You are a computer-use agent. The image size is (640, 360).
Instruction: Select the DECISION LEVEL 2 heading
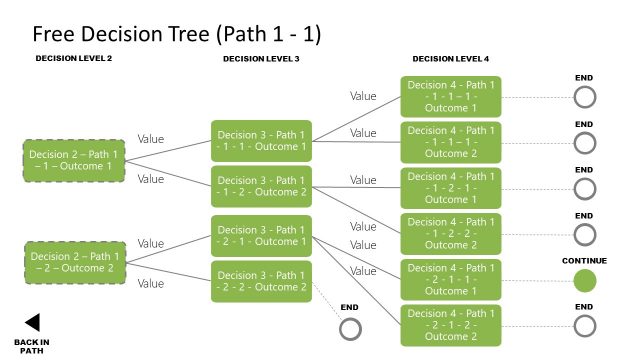pyautogui.click(x=74, y=59)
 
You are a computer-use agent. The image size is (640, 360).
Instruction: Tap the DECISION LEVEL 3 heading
pyautogui.click(x=261, y=59)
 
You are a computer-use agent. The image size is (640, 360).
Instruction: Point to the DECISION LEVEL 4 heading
pyautogui.click(x=451, y=59)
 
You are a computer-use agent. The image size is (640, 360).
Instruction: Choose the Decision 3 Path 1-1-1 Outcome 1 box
pyautogui.click(x=262, y=140)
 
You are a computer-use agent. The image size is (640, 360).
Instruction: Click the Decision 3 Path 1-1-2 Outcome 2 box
pyautogui.click(x=262, y=186)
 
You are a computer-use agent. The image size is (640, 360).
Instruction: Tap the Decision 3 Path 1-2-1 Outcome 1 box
pyautogui.click(x=262, y=235)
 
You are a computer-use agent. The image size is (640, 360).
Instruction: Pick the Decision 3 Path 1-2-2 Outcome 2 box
pyautogui.click(x=262, y=281)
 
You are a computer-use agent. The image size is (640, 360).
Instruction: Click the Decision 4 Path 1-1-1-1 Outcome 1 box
pyautogui.click(x=450, y=95)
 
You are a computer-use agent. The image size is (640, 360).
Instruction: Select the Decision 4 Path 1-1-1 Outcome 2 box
pyautogui.click(x=450, y=141)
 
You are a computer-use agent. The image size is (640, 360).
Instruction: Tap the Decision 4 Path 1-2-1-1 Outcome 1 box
pyautogui.click(x=450, y=280)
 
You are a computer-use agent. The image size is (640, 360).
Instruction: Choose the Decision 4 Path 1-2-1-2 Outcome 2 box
pyautogui.click(x=450, y=326)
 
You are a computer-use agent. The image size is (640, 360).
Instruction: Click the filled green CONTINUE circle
pyautogui.click(x=585, y=280)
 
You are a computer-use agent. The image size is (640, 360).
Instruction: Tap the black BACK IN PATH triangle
pyautogui.click(x=32, y=322)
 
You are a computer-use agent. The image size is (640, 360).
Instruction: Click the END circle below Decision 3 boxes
pyautogui.click(x=350, y=329)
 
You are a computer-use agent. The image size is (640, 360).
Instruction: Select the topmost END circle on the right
pyautogui.click(x=585, y=96)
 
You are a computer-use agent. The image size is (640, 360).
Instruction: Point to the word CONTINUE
pyautogui.click(x=585, y=260)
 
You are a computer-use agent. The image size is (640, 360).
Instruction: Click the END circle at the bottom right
pyautogui.click(x=585, y=326)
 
